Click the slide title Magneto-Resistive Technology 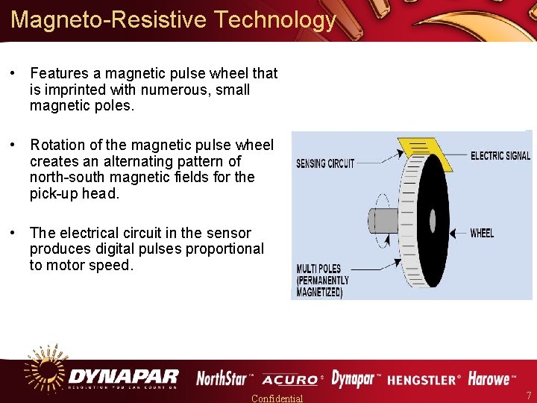coord(174,19)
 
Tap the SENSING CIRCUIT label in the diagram coord(325,163)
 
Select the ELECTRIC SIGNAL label coord(500,156)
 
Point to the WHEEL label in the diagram coord(482,234)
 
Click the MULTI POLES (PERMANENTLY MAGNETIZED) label coord(323,281)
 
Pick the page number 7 coord(528,395)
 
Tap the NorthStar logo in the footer coord(224,378)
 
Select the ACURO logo coord(292,380)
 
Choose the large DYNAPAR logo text coord(124,375)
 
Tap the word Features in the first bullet coord(58,73)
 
